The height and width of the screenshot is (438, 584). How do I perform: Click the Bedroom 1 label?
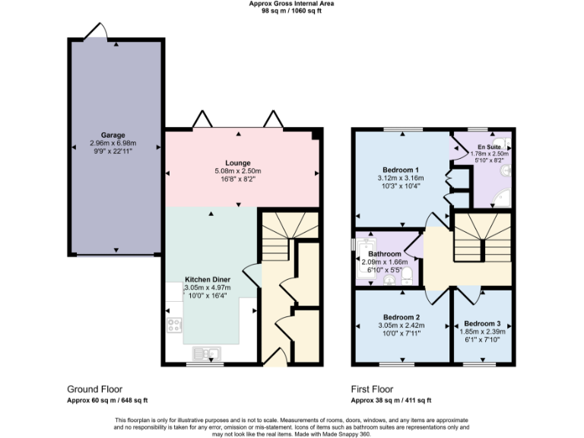point(401,169)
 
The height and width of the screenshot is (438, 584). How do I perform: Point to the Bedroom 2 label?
point(401,317)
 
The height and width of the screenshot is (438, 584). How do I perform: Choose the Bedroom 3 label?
point(482,322)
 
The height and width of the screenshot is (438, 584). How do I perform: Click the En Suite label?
point(489,146)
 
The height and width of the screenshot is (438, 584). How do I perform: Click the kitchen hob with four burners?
point(174,325)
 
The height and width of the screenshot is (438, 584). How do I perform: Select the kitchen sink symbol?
point(206,353)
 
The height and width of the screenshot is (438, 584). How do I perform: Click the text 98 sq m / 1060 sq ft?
point(291,11)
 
